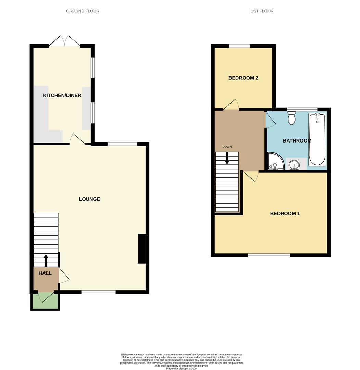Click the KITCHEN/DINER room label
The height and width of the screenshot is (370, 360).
coord(62,95)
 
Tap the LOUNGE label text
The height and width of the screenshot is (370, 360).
coord(89,199)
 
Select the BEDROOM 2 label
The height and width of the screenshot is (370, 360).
coord(243,78)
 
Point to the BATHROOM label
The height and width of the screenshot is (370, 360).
coord(297,141)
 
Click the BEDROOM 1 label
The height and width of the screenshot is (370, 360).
coord(285,214)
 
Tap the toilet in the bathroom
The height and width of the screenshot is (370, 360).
coord(291,118)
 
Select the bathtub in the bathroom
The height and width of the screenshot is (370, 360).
coord(318,139)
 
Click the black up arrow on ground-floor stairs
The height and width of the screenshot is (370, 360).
coord(46,260)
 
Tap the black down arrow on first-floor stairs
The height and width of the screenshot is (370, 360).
coord(227,158)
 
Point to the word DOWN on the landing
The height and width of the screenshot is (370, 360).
coord(227,147)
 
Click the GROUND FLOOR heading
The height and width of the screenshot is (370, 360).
coord(83,11)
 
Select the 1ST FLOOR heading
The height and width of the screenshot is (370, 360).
coord(262,11)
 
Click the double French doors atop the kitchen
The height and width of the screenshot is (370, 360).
coord(64,41)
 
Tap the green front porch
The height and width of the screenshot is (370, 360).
coord(45,301)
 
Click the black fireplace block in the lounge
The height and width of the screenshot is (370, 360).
coord(141,249)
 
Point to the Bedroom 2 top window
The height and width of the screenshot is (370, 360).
coord(239,46)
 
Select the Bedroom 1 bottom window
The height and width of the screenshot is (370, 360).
coord(269,255)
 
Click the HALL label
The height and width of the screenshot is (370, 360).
coord(45,273)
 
